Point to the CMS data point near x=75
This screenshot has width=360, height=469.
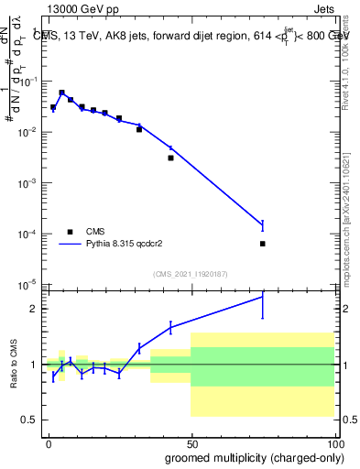263,244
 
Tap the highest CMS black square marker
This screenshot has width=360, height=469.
61,93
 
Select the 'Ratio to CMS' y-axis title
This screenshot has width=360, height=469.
13,365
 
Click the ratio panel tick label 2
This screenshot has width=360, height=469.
33,309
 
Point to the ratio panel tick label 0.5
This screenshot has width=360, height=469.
29,420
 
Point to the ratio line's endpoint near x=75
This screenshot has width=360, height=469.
263,296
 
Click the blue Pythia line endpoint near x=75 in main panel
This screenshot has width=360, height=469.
263,224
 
